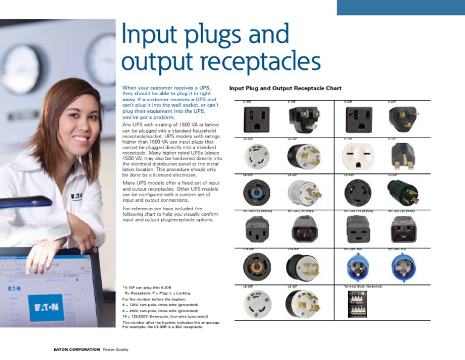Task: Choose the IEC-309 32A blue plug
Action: click(x=401, y=265)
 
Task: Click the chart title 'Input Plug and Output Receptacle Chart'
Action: click(x=285, y=88)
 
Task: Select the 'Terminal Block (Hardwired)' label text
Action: click(x=362, y=285)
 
